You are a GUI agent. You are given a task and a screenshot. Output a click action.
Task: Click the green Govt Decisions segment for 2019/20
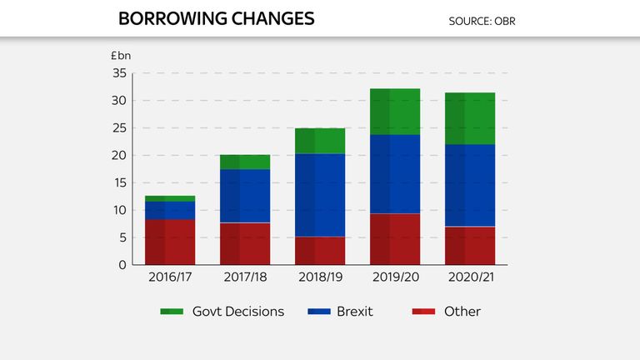[x=395, y=112]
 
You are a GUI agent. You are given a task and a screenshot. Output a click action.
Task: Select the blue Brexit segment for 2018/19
[x=320, y=195]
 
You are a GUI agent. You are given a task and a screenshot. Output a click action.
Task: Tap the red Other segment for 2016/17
[x=170, y=242]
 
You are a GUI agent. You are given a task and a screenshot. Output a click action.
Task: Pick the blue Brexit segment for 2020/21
[x=470, y=185]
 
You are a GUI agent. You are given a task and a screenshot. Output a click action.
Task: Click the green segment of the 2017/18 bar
[x=245, y=162]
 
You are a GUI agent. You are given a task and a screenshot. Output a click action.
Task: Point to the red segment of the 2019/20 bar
[x=395, y=239]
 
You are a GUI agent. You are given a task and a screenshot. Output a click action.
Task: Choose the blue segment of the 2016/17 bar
[x=170, y=211]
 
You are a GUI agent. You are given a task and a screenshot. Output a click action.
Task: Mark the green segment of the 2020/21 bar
[x=470, y=118]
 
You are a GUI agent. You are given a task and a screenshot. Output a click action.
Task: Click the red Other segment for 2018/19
[x=320, y=251]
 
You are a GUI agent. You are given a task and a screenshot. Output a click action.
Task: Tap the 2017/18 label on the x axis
[x=245, y=277]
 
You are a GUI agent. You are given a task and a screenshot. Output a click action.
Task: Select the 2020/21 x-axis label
[x=471, y=277]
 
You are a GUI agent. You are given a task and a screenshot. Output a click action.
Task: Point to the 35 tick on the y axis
[x=119, y=73]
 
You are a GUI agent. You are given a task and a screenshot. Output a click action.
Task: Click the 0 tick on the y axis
[x=122, y=265]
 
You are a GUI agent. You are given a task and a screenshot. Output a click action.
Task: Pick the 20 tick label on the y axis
[x=119, y=156]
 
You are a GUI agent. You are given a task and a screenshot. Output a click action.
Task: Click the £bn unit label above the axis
[x=121, y=56]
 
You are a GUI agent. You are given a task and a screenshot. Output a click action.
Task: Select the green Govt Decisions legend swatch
[x=172, y=312]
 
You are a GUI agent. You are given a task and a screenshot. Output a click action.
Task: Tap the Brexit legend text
[x=355, y=312]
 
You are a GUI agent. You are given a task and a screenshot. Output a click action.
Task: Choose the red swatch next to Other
[x=423, y=312]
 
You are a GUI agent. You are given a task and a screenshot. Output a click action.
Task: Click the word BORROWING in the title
[x=172, y=19]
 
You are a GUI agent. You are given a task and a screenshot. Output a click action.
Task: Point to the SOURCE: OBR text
[x=482, y=21]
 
